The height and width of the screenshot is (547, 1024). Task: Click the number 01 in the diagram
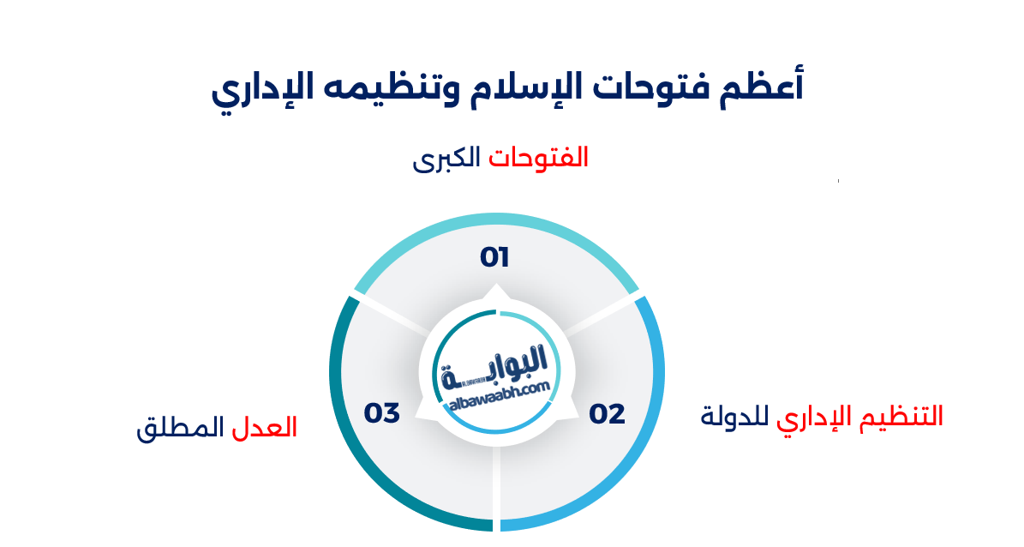coord(495,257)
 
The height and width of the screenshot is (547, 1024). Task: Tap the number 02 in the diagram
coord(608,414)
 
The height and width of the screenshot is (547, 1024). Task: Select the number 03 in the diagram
coord(382,413)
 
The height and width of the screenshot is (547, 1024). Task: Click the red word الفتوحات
coord(539,159)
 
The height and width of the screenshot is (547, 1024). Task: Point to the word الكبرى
coord(446,160)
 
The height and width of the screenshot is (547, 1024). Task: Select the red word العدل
coord(265,427)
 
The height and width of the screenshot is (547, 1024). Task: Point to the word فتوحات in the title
coord(648,88)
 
